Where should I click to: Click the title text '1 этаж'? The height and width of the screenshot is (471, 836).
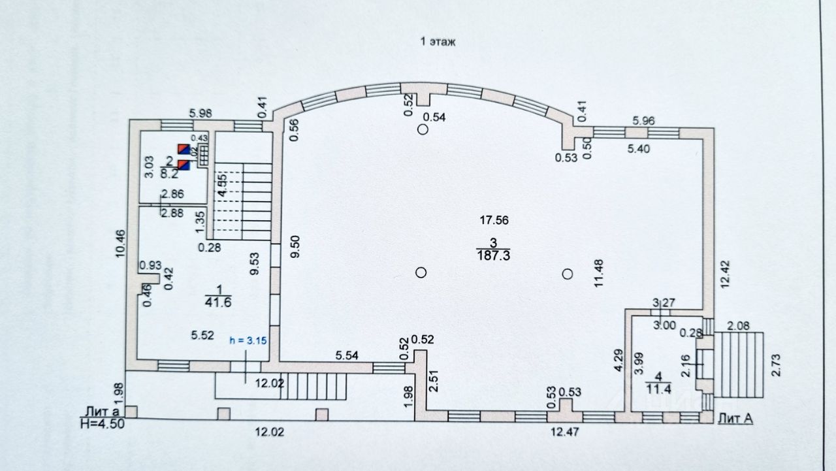(437, 42)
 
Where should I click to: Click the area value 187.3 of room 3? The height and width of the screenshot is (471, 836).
(493, 255)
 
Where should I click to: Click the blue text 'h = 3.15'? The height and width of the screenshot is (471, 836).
(248, 340)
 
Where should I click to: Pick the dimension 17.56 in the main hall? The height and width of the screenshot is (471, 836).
(493, 220)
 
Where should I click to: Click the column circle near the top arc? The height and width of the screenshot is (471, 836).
(423, 129)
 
